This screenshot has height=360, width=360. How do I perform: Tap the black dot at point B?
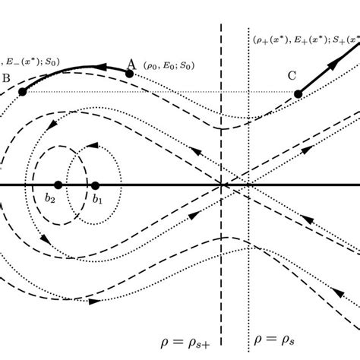[x=23, y=92]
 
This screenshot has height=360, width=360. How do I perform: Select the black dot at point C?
[x=298, y=93]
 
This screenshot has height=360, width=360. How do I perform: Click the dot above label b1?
[x=95, y=185]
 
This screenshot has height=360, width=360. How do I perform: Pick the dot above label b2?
[x=58, y=185]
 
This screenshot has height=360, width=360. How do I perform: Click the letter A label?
[x=131, y=64]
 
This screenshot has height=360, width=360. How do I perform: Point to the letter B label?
[x=6, y=78]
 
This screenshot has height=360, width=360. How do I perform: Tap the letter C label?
[x=292, y=76]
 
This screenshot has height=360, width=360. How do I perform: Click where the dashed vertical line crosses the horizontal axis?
[x=221, y=185]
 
